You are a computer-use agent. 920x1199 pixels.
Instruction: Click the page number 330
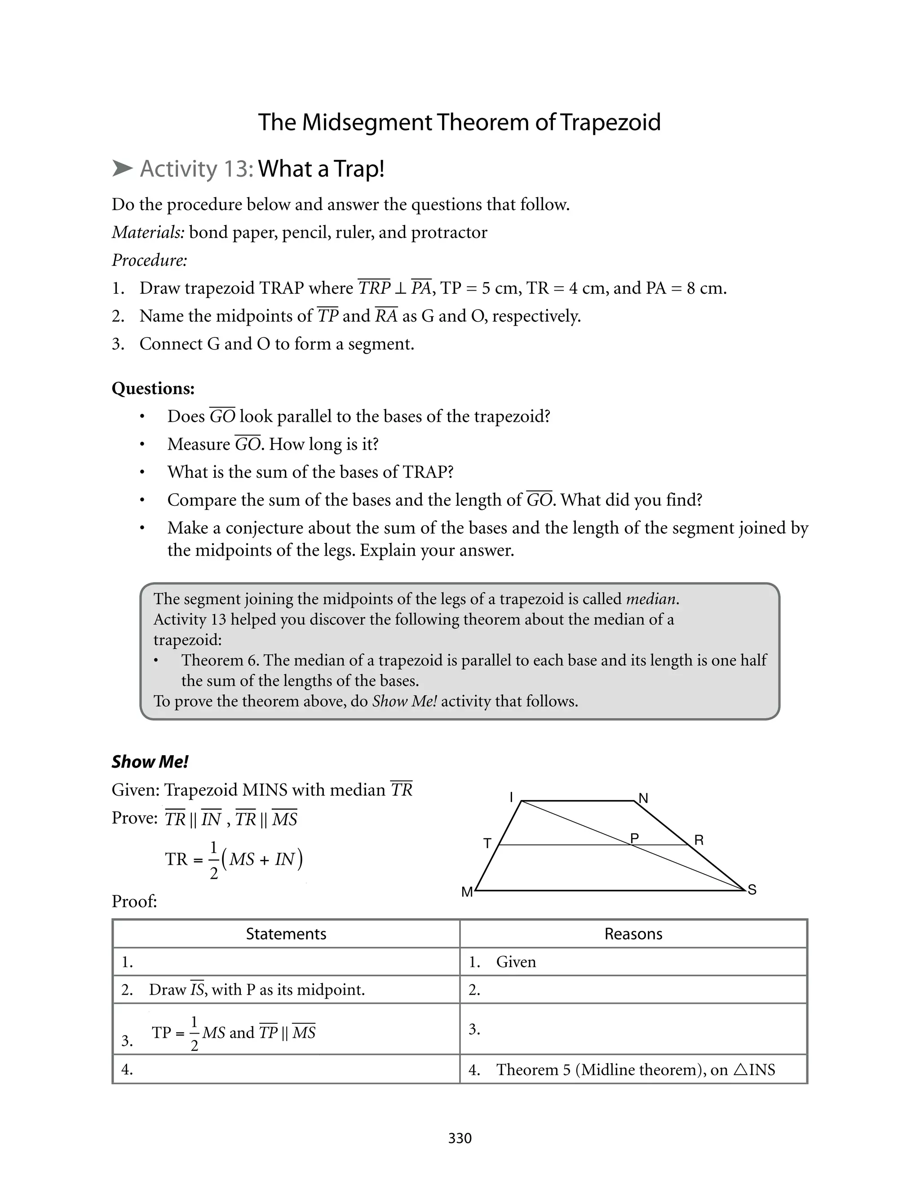tap(460, 1138)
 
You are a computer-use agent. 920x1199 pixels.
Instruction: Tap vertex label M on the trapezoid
tap(467, 893)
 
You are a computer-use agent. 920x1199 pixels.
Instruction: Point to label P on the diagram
tap(635, 838)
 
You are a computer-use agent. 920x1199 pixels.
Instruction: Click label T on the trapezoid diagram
tap(487, 844)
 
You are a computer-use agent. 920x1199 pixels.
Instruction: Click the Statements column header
tap(286, 934)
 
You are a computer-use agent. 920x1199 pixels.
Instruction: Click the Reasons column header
tap(633, 934)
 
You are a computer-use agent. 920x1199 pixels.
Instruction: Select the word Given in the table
tap(516, 962)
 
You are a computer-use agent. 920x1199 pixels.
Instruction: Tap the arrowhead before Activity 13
tap(122, 168)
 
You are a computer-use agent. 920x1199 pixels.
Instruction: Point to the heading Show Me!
tap(150, 761)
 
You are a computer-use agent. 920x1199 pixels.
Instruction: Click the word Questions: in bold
tap(153, 388)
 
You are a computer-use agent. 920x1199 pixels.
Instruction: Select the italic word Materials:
tap(148, 232)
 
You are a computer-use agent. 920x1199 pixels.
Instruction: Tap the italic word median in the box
tap(650, 599)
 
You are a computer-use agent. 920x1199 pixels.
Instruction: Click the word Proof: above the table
tap(134, 901)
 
